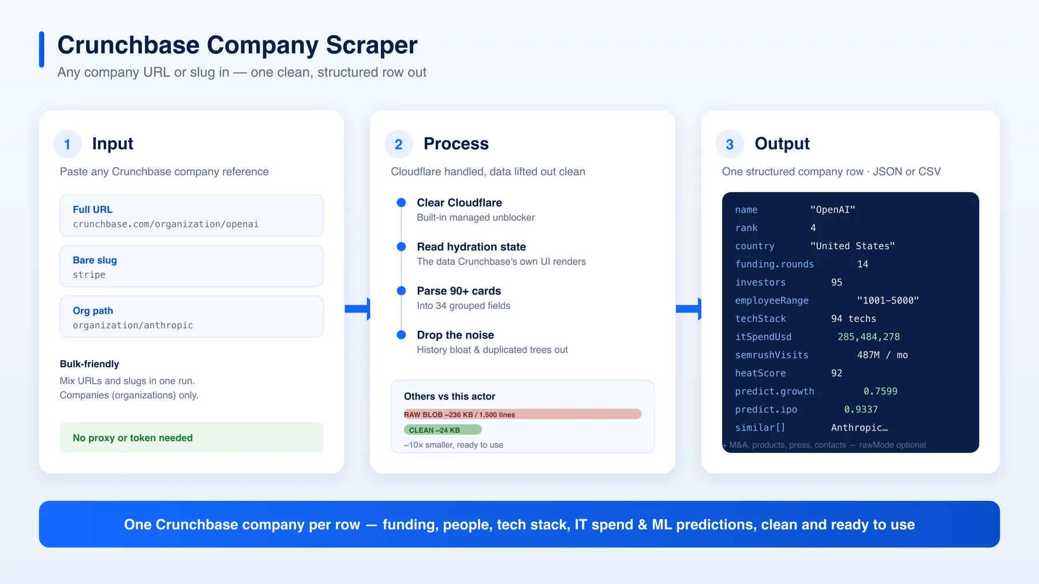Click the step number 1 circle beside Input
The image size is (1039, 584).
[68, 144]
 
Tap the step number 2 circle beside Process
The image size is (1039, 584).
[399, 144]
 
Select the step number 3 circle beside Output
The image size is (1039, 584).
[730, 144]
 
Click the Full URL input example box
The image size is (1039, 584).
[192, 216]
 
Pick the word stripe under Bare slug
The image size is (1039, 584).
[89, 275]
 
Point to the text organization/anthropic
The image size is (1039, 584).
[133, 325]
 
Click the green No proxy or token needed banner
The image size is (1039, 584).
[192, 438]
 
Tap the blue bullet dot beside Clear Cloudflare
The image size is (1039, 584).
[401, 202]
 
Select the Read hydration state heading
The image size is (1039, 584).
[472, 247]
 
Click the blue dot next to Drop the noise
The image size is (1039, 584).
[401, 335]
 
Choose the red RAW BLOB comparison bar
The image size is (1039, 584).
[522, 414]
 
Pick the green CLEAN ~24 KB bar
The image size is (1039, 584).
[443, 429]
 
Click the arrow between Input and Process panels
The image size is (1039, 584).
[357, 309]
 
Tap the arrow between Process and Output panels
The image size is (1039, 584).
[689, 309]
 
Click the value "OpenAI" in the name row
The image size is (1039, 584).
[833, 210]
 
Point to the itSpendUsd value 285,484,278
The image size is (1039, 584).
[869, 337]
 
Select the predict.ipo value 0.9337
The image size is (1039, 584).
[861, 409]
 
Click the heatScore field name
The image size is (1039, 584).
[760, 373]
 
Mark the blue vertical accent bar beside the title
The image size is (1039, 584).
[42, 50]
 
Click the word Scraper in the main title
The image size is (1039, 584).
[371, 46]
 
